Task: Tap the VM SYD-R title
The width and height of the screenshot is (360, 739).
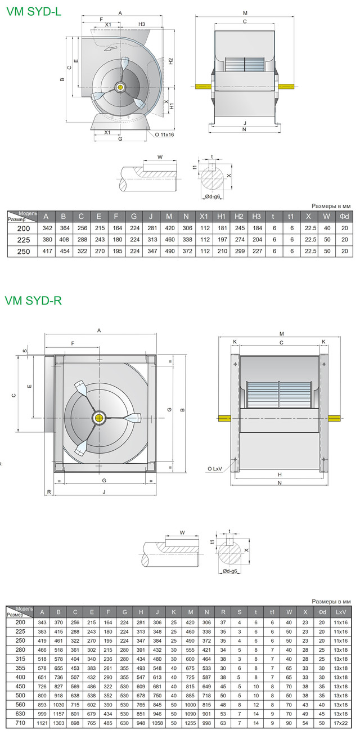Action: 33,301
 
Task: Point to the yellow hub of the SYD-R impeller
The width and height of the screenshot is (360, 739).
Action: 100,418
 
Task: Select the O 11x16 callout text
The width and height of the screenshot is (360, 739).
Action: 164,135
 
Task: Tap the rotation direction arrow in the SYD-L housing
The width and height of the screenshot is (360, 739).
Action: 114,49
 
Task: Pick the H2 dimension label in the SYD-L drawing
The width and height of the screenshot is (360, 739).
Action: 170,61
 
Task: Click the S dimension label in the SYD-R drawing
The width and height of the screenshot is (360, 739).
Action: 24,350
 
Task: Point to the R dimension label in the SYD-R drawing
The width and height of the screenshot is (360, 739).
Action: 49,492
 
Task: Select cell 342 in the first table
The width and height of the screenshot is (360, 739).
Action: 47,229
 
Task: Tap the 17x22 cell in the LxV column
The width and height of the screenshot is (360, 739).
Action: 341,723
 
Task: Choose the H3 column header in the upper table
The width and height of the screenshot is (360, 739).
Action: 256,217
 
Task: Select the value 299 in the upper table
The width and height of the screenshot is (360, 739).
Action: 239,251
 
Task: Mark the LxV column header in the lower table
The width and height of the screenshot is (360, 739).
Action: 341,611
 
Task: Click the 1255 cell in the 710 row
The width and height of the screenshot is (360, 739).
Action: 190,723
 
